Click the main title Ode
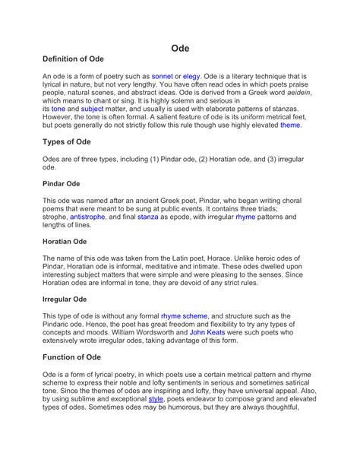[x=180, y=48]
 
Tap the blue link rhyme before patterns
[x=245, y=217]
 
